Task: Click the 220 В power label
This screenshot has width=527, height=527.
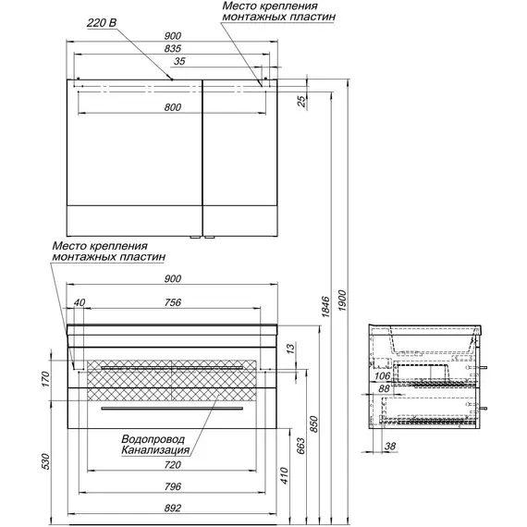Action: point(102,23)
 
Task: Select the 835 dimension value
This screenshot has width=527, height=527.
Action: point(173,48)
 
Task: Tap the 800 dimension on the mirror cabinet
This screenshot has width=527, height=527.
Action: point(173,107)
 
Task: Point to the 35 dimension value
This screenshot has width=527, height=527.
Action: point(179,61)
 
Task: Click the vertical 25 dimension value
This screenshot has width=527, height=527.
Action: point(302,101)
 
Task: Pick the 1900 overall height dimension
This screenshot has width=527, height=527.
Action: point(342,300)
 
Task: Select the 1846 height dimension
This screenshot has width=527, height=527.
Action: point(326,307)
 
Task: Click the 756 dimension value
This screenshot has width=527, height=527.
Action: point(173,302)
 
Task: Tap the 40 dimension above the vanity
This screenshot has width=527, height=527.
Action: point(80,302)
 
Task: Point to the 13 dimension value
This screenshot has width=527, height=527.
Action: point(291,348)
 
